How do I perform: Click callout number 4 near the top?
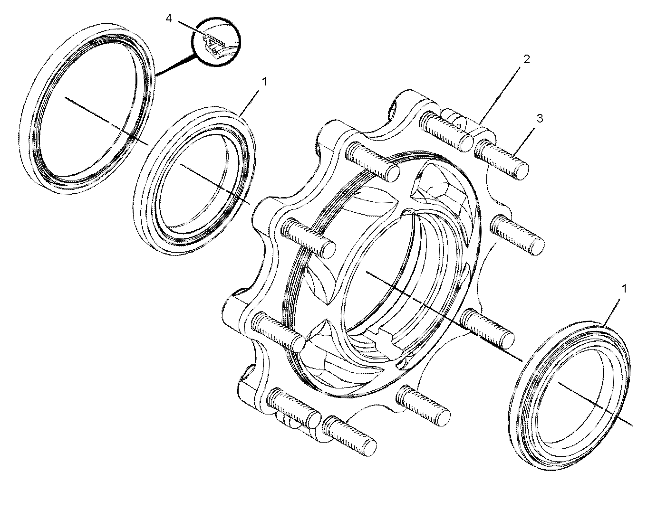pyautogui.click(x=169, y=19)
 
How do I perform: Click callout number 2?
pyautogui.click(x=526, y=59)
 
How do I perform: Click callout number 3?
pyautogui.click(x=540, y=118)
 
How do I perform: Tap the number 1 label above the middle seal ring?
pyautogui.click(x=264, y=81)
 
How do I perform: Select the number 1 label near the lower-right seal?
pyautogui.click(x=624, y=289)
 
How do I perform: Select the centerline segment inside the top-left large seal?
pyautogui.click(x=106, y=121)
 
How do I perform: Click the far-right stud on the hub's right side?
pyautogui.click(x=517, y=235)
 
